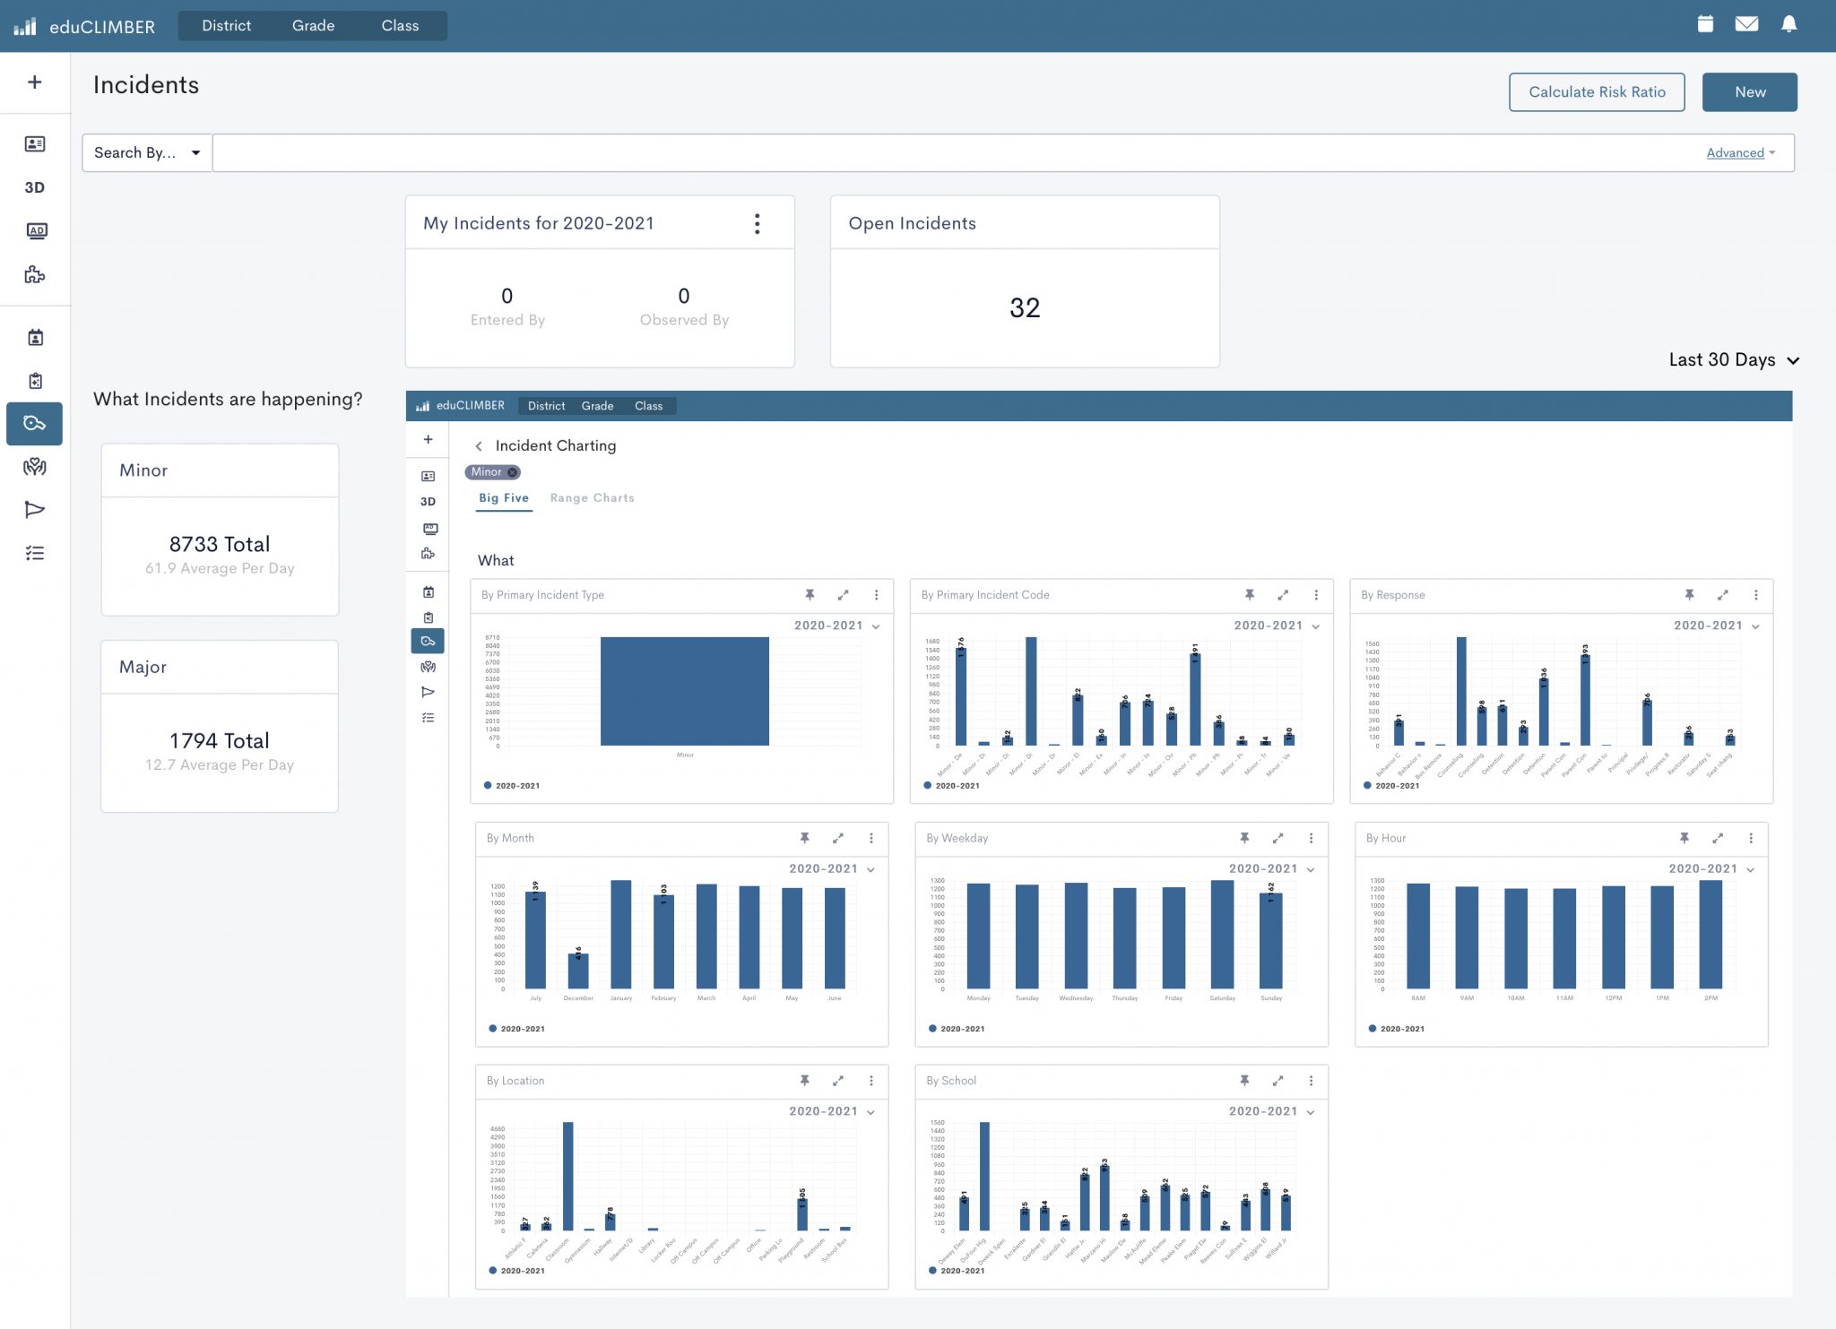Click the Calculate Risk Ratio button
[1596, 92]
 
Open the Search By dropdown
[147, 152]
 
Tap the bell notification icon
[1788, 24]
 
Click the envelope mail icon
[1746, 24]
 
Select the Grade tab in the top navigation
[313, 26]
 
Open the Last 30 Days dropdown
[1733, 359]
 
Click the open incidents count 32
[1024, 308]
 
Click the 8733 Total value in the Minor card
[220, 544]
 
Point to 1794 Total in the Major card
[220, 740]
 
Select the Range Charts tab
[592, 498]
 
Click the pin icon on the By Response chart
[1689, 595]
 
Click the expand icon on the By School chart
[1277, 1081]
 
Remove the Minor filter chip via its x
[513, 472]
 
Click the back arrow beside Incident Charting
[479, 446]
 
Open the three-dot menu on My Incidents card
[758, 223]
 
